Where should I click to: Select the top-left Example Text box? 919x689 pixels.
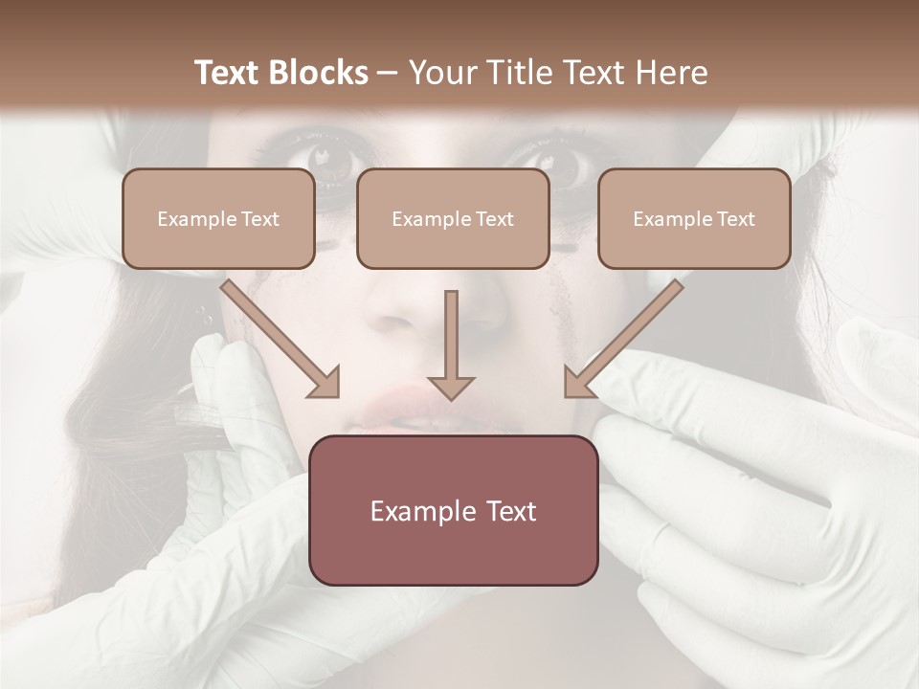click(218, 218)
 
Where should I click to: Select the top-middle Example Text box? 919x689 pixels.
click(453, 218)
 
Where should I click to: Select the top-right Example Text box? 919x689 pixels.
click(694, 218)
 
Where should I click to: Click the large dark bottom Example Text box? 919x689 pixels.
click(454, 510)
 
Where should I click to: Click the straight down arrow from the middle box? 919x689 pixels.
click(451, 344)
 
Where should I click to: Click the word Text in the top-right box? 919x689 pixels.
click(735, 219)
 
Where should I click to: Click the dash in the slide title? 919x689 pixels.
click(388, 73)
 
